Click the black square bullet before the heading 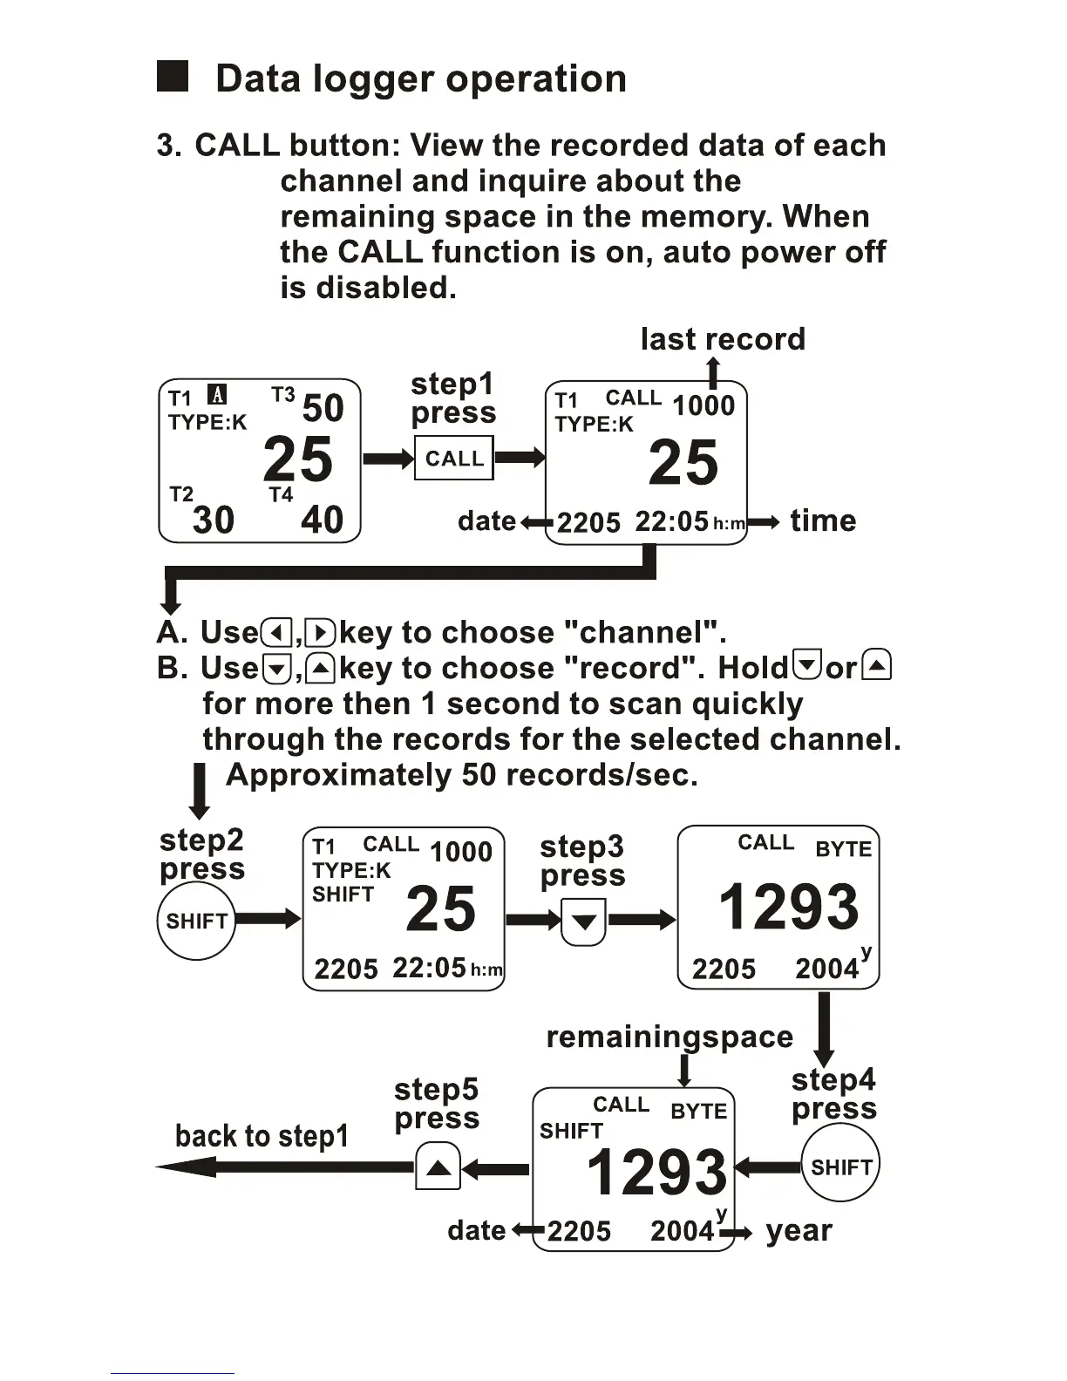173,77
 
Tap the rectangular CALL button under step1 453,459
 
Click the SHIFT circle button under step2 196,921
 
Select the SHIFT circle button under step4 840,1167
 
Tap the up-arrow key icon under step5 438,1167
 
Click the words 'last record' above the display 723,339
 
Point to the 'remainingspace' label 669,1037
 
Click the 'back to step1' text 262,1136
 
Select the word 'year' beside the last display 799,1230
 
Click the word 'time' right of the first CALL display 823,520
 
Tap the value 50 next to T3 323,408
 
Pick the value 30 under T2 214,520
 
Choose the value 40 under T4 322,520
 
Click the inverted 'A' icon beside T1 217,395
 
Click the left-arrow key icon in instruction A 276,632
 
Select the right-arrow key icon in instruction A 321,632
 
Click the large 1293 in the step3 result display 788,907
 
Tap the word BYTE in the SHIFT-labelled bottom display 698,1112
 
